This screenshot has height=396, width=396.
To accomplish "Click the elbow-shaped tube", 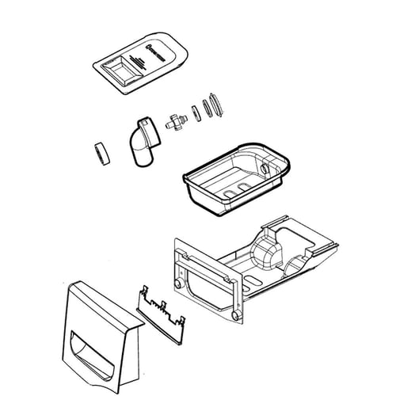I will (140, 142).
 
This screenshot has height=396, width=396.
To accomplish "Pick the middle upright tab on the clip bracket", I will (161, 307).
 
